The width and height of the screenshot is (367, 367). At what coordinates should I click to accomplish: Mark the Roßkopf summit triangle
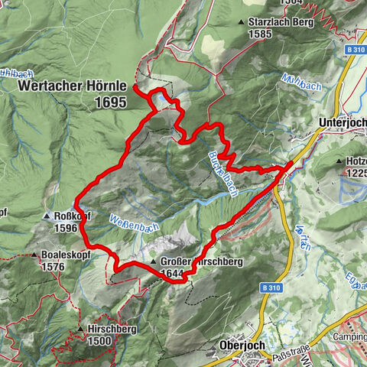(x=49, y=216)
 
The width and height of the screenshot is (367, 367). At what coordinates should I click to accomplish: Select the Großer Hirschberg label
(x=203, y=261)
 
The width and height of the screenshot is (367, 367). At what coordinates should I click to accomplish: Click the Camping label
(x=350, y=336)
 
